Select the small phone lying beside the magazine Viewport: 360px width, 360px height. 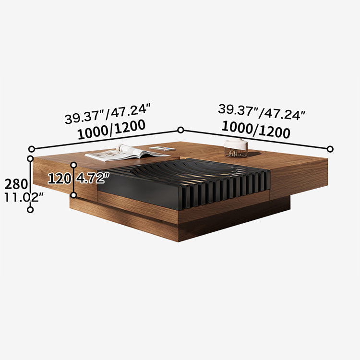point(162,149)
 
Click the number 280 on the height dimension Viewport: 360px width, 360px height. point(13,183)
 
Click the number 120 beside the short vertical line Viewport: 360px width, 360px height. point(59,179)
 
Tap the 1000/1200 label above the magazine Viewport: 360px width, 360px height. point(111,131)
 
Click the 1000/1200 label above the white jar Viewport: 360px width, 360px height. point(255,130)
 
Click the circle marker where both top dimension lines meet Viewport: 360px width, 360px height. point(181,130)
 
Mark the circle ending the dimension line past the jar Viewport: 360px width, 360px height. point(330,149)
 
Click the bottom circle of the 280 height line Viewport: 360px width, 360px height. point(30,210)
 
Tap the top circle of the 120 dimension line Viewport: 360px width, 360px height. point(73,165)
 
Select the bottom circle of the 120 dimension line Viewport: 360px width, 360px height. point(73,195)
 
